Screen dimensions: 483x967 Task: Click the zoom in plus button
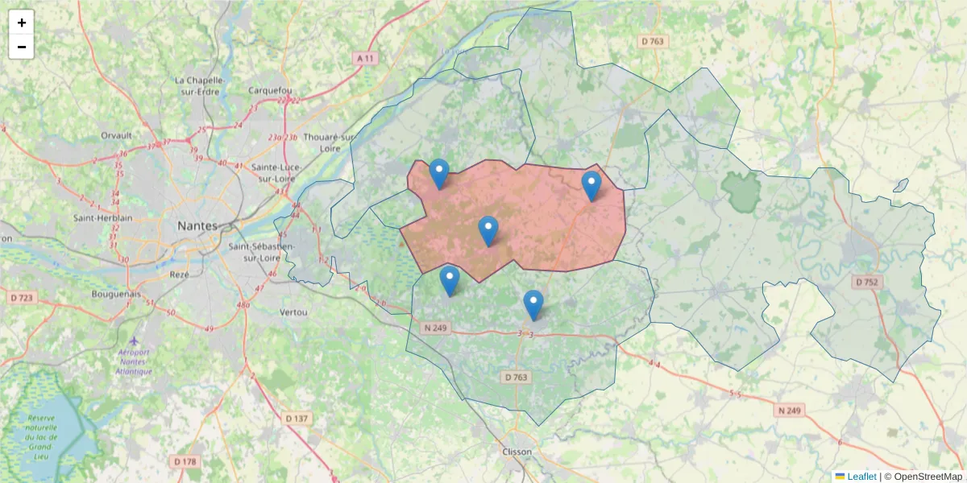(x=22, y=23)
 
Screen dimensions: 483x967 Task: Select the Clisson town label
(x=517, y=452)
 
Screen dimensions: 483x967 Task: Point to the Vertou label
(x=293, y=312)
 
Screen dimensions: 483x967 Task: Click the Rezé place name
(x=179, y=274)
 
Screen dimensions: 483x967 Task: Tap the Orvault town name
(x=116, y=135)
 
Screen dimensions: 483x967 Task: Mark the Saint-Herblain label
(x=96, y=218)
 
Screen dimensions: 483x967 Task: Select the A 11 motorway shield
(x=367, y=58)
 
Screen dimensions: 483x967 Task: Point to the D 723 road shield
(x=22, y=299)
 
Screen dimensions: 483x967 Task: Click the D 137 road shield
(x=297, y=418)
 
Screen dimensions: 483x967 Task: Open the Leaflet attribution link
(x=861, y=477)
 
